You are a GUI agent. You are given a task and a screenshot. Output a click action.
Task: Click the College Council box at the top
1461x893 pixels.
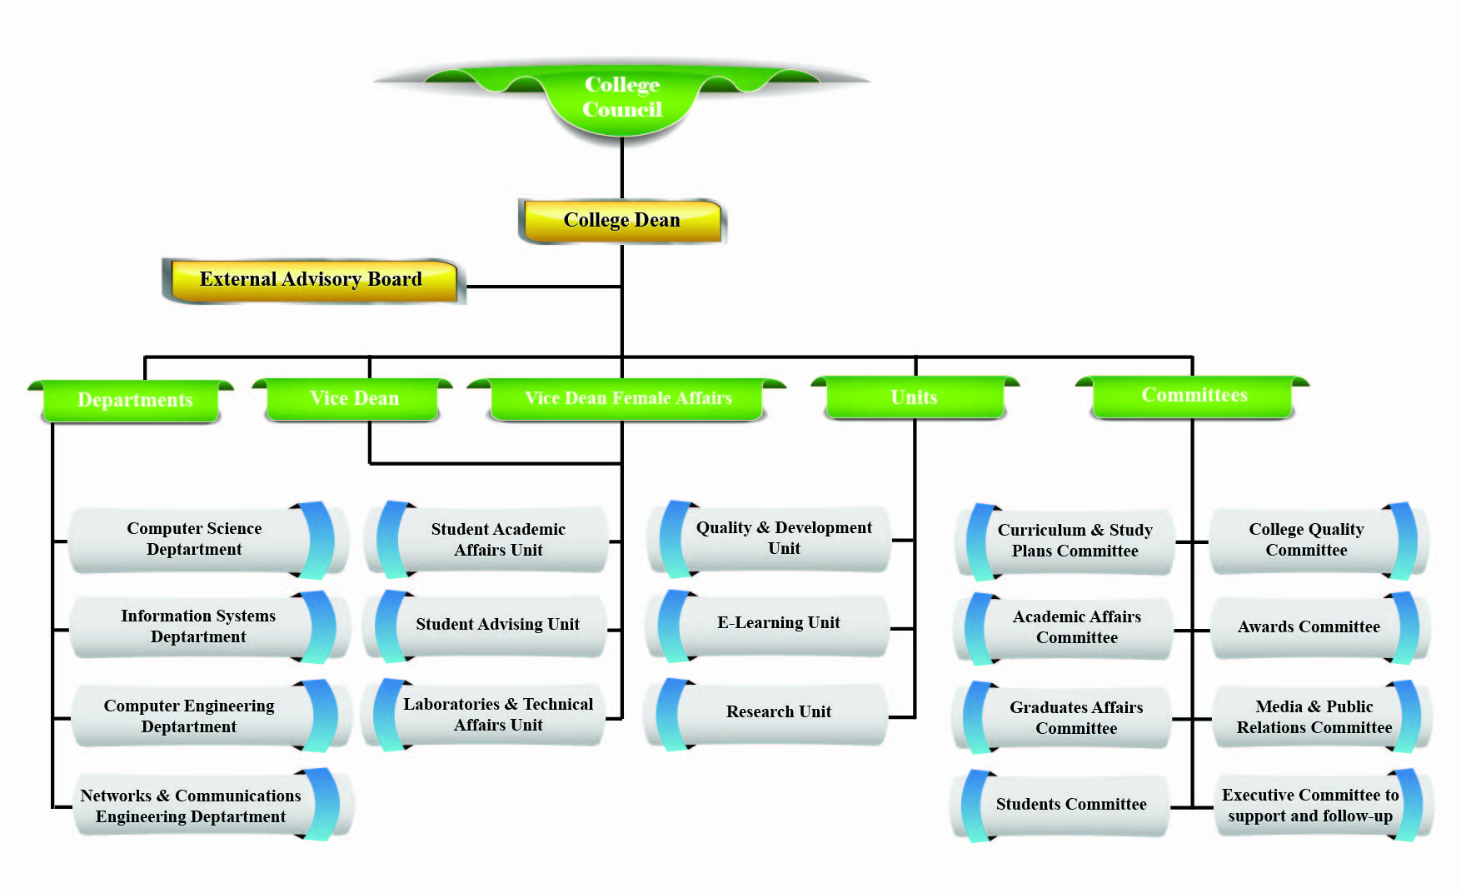tap(622, 97)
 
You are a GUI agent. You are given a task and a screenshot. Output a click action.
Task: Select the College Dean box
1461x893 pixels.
tap(622, 221)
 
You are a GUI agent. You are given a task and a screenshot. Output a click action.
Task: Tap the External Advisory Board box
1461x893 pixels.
tap(313, 280)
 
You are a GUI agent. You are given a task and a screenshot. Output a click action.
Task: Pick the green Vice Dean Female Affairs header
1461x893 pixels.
tap(627, 398)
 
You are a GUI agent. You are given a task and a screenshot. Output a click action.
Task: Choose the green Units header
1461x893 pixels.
tap(915, 397)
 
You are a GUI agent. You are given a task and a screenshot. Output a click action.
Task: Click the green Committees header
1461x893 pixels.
tap(1193, 395)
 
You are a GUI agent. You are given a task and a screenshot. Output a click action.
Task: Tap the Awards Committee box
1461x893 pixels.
tap(1321, 627)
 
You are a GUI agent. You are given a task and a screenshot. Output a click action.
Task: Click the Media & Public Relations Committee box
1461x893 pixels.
tap(1323, 716)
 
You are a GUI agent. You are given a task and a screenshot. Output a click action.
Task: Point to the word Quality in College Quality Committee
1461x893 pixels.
tap(1335, 529)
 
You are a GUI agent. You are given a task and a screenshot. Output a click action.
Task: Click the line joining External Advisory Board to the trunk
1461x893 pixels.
tap(544, 287)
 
